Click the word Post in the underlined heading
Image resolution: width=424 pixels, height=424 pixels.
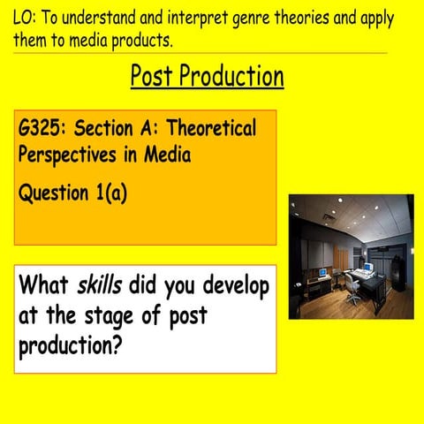point(157,77)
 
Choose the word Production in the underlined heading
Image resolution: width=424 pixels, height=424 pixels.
point(236,77)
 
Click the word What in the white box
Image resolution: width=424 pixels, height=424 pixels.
point(44,286)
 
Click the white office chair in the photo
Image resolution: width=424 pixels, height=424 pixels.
point(354,289)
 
